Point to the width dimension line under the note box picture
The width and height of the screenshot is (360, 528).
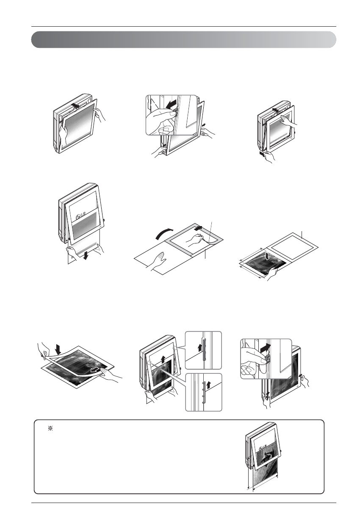point(265,488)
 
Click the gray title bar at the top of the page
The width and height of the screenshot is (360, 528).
point(184,39)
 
